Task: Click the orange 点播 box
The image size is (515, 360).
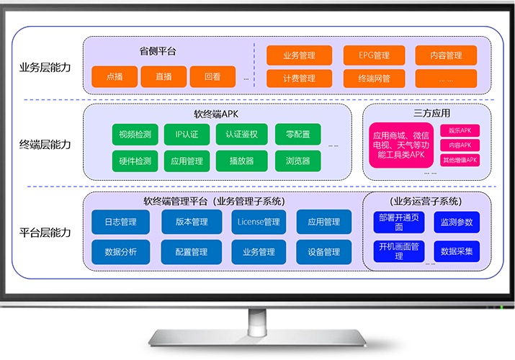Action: tap(115, 76)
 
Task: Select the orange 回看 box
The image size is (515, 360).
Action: tap(212, 76)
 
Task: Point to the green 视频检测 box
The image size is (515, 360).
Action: tap(135, 134)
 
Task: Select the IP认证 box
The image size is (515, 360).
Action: tap(187, 134)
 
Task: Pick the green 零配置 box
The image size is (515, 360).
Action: tap(297, 134)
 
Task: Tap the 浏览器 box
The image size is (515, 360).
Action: tap(297, 161)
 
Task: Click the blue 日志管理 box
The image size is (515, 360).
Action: tap(121, 222)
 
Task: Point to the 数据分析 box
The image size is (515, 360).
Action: tap(121, 252)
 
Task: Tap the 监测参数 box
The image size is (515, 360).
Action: tap(457, 222)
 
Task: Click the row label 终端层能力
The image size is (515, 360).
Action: tap(45, 144)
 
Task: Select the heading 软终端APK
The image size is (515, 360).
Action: tap(216, 114)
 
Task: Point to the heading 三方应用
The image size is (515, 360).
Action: tap(431, 113)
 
